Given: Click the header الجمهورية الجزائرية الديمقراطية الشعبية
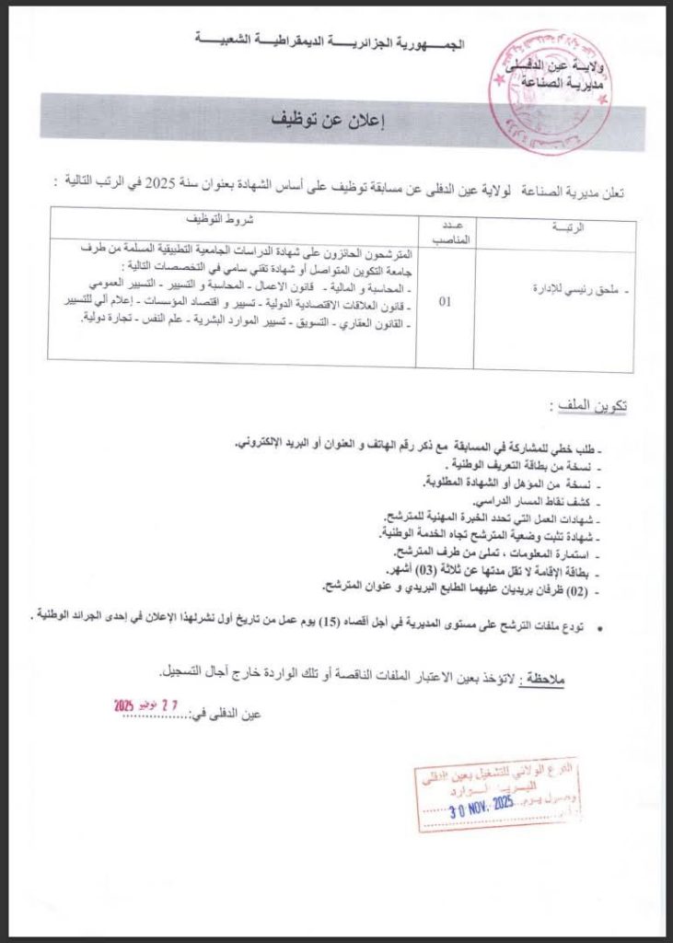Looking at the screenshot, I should pos(331,41).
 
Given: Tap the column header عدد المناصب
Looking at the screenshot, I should pos(445,231).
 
